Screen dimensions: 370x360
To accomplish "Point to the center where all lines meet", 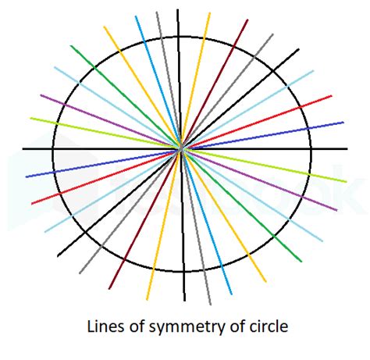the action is click(x=181, y=149).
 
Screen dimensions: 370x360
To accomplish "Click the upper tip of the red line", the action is click(x=332, y=96).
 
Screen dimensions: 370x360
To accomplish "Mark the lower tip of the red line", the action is click(x=32, y=204).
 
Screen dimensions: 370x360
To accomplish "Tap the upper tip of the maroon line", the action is click(x=247, y=20).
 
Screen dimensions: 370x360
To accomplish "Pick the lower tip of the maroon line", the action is click(x=109, y=289).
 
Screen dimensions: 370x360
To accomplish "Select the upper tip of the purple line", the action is click(x=41, y=95).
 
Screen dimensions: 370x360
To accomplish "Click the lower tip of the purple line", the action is click(x=337, y=210).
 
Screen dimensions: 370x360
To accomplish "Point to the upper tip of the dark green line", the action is click(x=71, y=46).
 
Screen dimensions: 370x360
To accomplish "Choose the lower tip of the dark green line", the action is click(x=301, y=262).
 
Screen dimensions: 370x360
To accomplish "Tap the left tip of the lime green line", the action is click(x=30, y=118).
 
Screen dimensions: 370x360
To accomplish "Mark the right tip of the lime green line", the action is click(x=347, y=182).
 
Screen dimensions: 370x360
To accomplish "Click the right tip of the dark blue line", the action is click(x=343, y=122).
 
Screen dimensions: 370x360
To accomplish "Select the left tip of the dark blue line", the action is click(x=26, y=177).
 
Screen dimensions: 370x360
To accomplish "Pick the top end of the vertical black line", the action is click(x=178, y=9).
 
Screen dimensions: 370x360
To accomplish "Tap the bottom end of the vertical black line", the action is click(x=185, y=301).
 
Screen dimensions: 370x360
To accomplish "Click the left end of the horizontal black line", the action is click(x=23, y=149).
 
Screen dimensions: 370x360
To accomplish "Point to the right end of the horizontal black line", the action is click(x=347, y=149).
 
